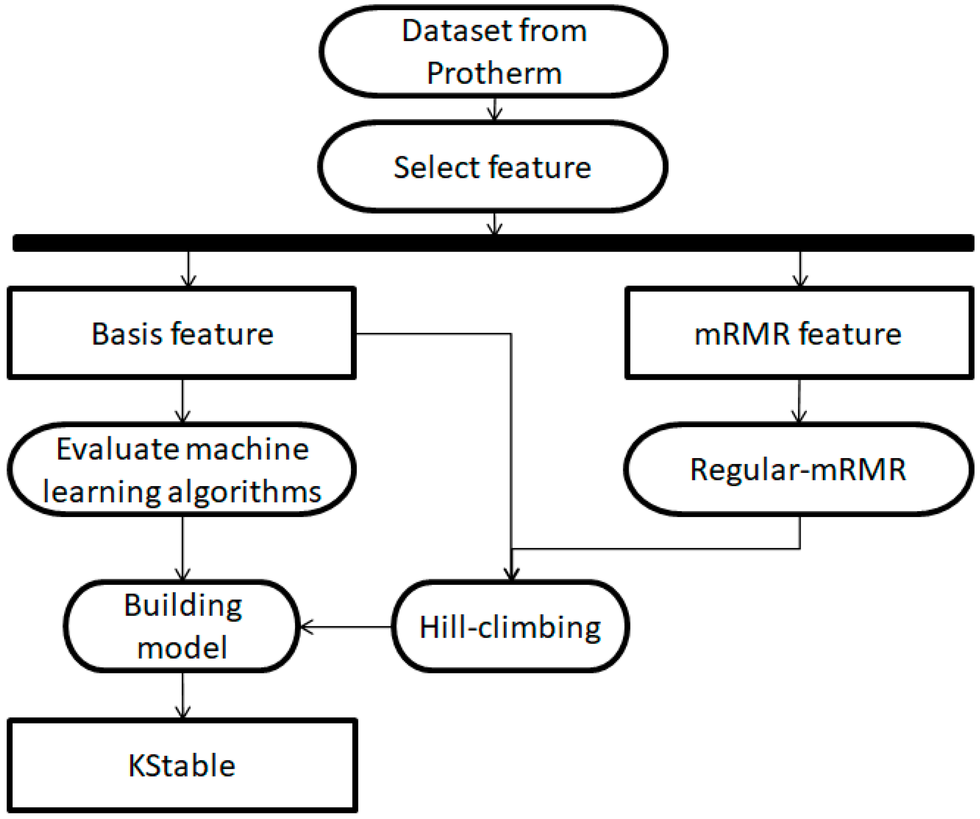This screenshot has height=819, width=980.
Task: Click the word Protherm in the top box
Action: click(x=494, y=73)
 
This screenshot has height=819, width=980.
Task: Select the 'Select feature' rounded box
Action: click(x=492, y=167)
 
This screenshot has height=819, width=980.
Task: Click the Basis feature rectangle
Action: click(x=182, y=334)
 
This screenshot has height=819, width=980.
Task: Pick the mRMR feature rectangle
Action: click(x=798, y=334)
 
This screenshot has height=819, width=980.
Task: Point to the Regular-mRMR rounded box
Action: click(x=798, y=469)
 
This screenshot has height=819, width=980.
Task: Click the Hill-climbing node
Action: click(x=510, y=627)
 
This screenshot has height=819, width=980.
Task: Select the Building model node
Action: click(x=182, y=626)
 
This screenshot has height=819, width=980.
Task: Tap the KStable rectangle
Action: click(x=182, y=765)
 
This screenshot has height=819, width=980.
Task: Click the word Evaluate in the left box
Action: click(x=117, y=449)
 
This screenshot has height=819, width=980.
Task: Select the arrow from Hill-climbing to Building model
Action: click(x=345, y=627)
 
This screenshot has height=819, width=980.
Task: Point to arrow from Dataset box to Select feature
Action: click(x=494, y=109)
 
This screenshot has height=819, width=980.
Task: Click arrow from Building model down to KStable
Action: click(x=183, y=695)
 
